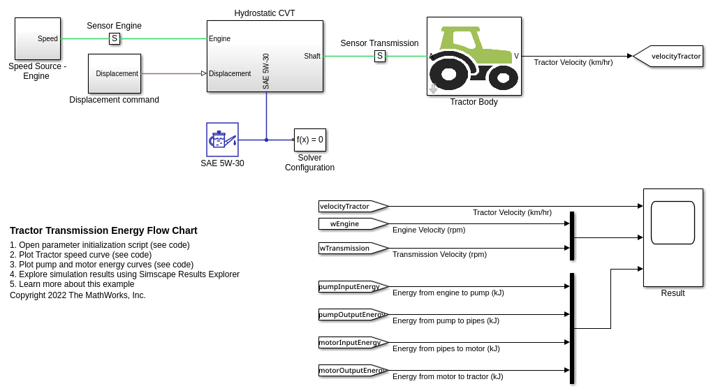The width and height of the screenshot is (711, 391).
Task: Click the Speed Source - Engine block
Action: [38, 39]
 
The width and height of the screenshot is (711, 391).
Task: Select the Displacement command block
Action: [114, 73]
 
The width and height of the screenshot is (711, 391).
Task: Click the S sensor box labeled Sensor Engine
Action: [115, 38]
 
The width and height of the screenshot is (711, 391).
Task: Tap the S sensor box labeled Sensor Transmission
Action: [380, 56]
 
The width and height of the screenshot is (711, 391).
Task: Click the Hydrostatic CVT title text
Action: [265, 13]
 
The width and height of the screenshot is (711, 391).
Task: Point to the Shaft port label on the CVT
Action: [312, 56]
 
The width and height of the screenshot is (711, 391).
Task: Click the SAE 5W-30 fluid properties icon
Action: [222, 140]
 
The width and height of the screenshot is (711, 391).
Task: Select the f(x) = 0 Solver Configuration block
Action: [310, 140]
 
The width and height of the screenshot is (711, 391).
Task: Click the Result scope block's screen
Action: [673, 223]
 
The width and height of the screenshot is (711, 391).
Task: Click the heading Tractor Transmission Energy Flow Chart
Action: [103, 230]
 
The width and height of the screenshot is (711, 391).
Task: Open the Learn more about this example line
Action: [72, 284]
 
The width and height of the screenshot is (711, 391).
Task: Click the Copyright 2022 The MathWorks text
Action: [78, 295]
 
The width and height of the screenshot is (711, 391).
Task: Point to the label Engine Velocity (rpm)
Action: [429, 230]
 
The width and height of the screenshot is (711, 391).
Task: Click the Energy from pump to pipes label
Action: [446, 321]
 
